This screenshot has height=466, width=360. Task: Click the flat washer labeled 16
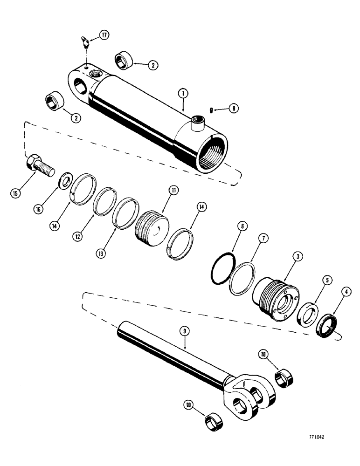coord(64,180)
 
